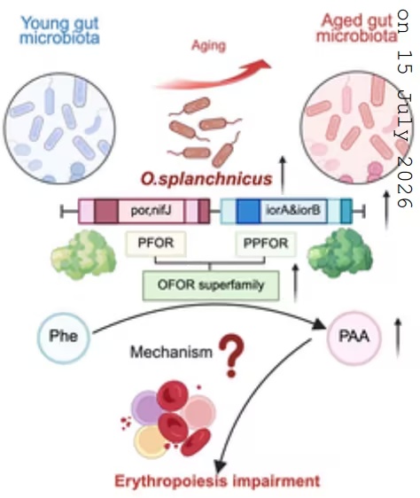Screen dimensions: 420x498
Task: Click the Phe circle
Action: pyautogui.click(x=64, y=337)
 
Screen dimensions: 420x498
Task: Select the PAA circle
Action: pyautogui.click(x=354, y=338)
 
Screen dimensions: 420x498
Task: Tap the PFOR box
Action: pyautogui.click(x=156, y=244)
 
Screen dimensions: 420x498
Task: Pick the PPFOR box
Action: pyautogui.click(x=266, y=244)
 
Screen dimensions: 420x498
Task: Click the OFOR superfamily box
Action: pyautogui.click(x=211, y=285)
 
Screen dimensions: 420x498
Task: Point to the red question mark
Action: pyautogui.click(x=232, y=355)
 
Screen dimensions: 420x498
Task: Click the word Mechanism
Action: pyautogui.click(x=171, y=352)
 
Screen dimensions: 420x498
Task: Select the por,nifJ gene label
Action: pyautogui.click(x=152, y=211)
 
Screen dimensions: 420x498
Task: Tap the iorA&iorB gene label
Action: pyautogui.click(x=292, y=211)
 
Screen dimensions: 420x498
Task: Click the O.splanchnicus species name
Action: pyautogui.click(x=206, y=179)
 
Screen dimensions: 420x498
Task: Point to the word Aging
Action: pyautogui.click(x=209, y=46)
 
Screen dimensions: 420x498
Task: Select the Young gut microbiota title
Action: pyautogui.click(x=59, y=30)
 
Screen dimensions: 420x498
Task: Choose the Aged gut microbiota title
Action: pyautogui.click(x=357, y=28)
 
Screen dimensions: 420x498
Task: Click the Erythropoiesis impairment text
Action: pyautogui.click(x=217, y=481)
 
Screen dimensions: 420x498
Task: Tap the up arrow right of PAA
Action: pyautogui.click(x=398, y=338)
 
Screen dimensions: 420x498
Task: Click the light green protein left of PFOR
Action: pyautogui.click(x=83, y=255)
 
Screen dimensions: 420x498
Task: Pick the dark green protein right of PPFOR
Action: pyautogui.click(x=339, y=253)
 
